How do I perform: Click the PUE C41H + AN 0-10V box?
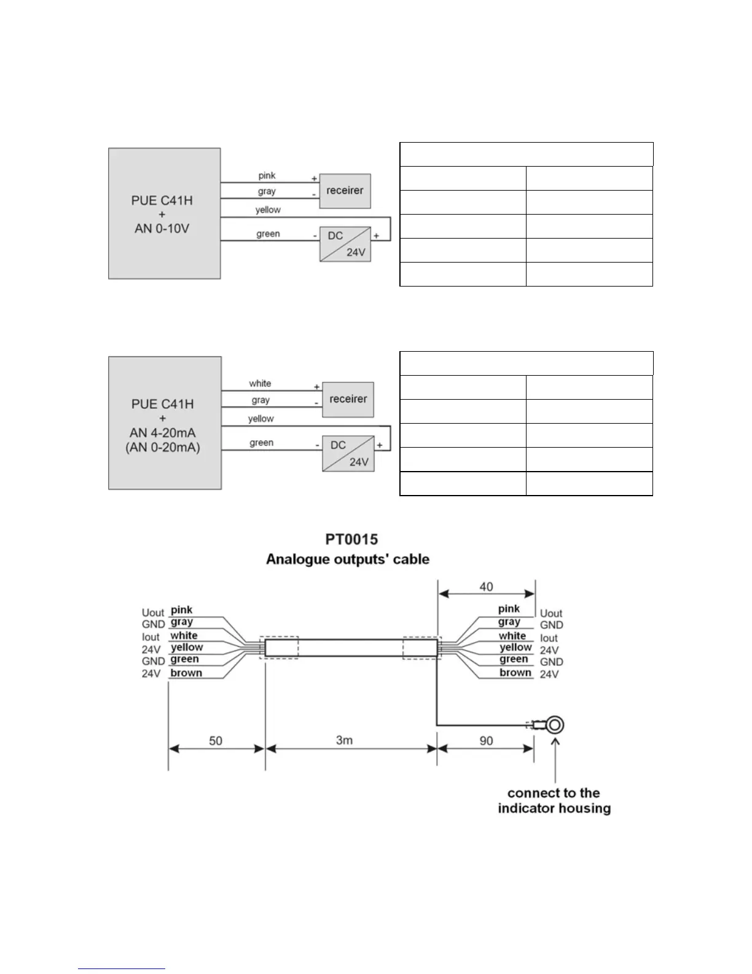click(164, 213)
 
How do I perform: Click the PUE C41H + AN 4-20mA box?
click(165, 423)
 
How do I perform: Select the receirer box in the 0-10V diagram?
click(345, 191)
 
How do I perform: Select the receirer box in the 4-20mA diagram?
click(348, 399)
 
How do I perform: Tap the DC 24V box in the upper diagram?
click(345, 244)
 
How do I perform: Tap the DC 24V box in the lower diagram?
click(348, 453)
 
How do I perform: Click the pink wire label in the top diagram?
click(267, 176)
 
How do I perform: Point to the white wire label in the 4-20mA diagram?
click(260, 384)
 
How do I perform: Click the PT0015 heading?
click(351, 540)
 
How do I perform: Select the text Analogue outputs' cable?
click(347, 560)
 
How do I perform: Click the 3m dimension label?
click(344, 740)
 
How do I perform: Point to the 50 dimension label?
click(216, 741)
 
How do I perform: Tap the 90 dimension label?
click(486, 741)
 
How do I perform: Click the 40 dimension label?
click(486, 587)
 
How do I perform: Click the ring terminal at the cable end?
click(555, 725)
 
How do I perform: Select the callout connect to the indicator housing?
click(554, 801)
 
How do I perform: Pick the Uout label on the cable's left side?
click(153, 612)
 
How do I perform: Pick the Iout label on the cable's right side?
click(549, 638)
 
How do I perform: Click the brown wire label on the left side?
click(186, 673)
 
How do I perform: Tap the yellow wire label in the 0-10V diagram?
click(268, 210)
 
